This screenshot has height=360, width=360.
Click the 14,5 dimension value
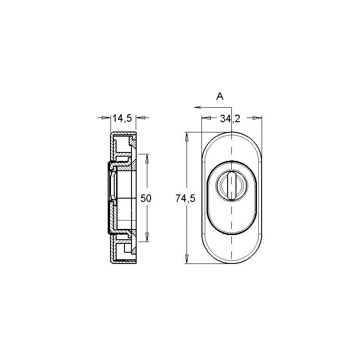tap(122, 118)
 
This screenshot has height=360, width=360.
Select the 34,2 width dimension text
tap(230, 118)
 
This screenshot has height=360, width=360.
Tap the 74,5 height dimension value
tap(185, 198)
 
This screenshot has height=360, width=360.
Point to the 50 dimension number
tap(146, 198)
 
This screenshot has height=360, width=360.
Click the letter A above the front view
tap(220, 97)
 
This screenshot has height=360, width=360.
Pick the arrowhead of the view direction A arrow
tap(198, 107)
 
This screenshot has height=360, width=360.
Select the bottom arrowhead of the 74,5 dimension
tap(187, 259)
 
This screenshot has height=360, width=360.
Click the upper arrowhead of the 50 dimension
tap(147, 158)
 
